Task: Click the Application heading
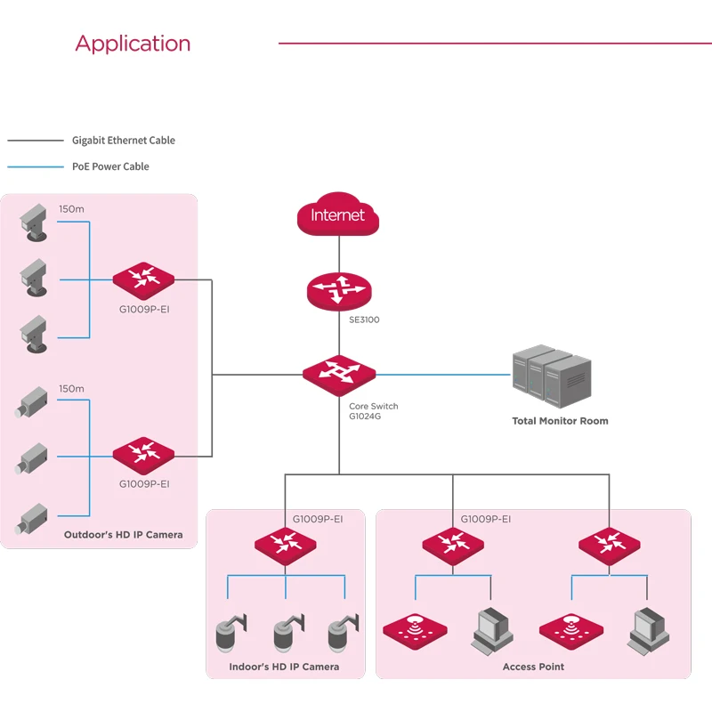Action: point(133,44)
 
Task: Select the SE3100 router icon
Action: point(338,291)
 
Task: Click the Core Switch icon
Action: point(338,373)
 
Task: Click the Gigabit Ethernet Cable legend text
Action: point(124,141)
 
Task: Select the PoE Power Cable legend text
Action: point(110,166)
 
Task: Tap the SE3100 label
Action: point(364,320)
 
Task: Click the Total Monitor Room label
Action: point(560,421)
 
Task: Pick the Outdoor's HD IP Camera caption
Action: point(123,535)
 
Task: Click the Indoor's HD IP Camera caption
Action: point(284,667)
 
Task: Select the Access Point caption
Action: point(533,667)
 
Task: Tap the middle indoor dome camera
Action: point(285,633)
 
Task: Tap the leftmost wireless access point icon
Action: point(413,628)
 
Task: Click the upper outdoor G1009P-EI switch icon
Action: point(143,279)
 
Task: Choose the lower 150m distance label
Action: point(71,389)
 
